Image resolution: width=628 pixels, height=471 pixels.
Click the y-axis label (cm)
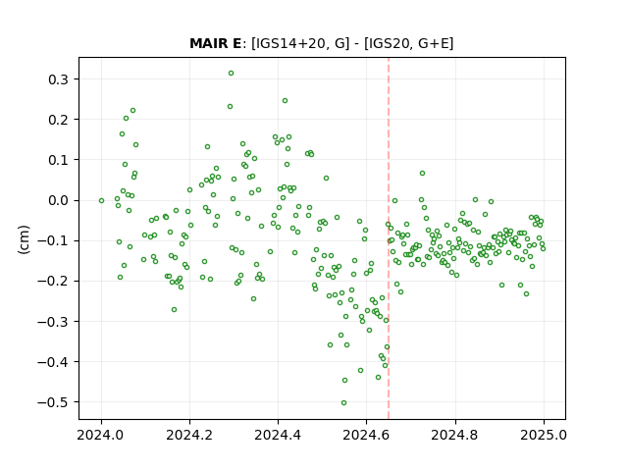click(24, 239)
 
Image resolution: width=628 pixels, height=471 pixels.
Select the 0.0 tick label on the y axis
click(58, 200)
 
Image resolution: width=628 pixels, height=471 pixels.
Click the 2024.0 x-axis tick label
click(101, 435)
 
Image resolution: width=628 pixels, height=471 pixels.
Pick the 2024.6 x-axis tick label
click(366, 435)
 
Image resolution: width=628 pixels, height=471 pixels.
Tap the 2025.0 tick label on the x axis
click(544, 435)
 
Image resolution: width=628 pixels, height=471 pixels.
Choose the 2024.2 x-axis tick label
click(189, 435)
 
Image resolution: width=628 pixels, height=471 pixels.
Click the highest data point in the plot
click(232, 74)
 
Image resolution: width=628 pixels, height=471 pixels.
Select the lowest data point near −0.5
click(343, 403)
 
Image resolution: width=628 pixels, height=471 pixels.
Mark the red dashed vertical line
click(389, 238)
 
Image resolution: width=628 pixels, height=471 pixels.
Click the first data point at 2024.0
click(101, 200)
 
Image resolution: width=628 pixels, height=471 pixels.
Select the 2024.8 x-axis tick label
click(455, 435)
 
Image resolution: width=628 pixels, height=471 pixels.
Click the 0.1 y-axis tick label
click(58, 160)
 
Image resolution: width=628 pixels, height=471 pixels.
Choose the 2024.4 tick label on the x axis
click(278, 435)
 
